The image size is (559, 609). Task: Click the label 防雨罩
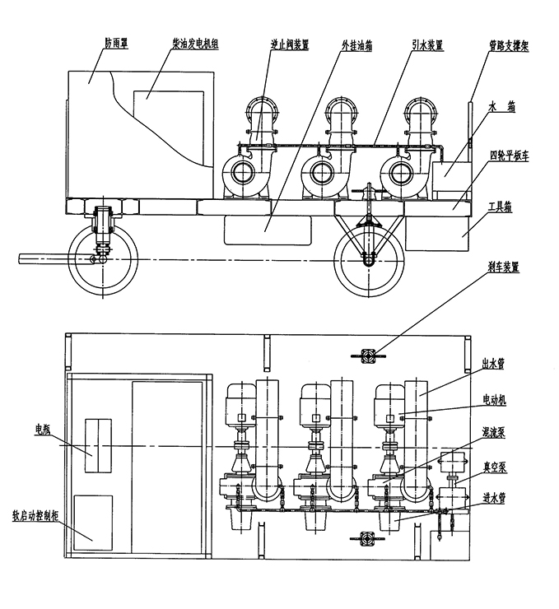click(117, 42)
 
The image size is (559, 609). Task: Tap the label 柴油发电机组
click(195, 44)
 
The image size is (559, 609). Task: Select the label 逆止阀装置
click(290, 44)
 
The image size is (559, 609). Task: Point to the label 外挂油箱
click(357, 45)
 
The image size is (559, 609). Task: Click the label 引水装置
click(428, 45)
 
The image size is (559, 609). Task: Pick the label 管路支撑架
click(509, 46)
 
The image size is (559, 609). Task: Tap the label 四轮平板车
click(510, 156)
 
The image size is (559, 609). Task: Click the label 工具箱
click(500, 207)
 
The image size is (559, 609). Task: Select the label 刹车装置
click(504, 267)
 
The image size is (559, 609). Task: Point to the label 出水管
click(493, 364)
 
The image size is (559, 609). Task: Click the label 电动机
click(495, 400)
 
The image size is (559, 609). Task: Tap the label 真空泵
click(495, 467)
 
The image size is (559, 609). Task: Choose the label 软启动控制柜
click(35, 516)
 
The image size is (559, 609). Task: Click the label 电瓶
click(43, 429)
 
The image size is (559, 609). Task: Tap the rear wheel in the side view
click(369, 262)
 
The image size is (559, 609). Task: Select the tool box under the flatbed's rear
click(437, 233)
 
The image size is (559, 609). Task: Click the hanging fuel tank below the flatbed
click(268, 230)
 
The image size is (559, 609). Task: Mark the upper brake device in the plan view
click(367, 356)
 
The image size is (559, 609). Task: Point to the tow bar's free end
click(20, 258)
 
